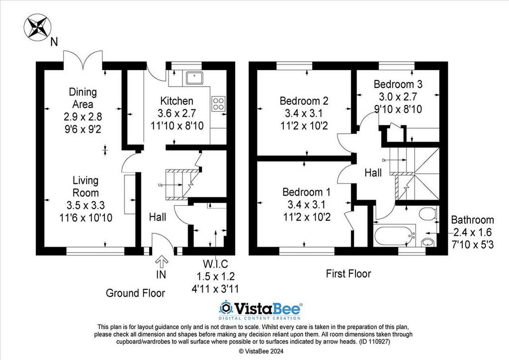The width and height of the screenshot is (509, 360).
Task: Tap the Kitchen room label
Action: pos(177,101)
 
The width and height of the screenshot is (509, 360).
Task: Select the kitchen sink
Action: pos(194,78)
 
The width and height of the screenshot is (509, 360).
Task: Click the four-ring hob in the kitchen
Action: pos(218,104)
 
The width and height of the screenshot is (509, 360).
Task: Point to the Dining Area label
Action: pos(83,98)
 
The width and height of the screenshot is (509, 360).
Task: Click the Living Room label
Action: pos(85,186)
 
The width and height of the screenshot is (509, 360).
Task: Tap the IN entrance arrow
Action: pos(162,261)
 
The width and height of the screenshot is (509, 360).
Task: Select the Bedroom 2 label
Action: pos(304,100)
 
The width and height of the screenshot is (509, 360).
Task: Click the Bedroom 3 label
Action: pos(398,84)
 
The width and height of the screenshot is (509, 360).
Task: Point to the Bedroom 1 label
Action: pos(306,192)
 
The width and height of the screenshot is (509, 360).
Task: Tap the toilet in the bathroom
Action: pos(428,214)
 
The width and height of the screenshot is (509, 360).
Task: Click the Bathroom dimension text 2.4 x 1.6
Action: pos(472,232)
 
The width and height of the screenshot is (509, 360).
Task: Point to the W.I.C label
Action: pos(215,264)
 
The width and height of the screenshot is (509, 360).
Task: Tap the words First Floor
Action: pos(348,273)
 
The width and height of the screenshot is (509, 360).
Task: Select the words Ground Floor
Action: pos(135,293)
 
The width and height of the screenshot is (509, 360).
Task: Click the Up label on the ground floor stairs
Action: pos(160,185)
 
